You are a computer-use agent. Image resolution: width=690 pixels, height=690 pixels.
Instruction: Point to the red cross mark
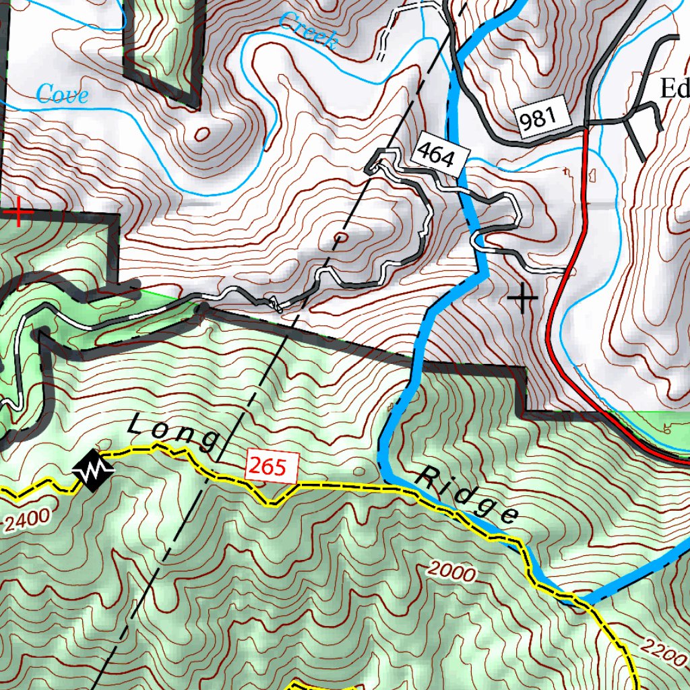click(19, 213)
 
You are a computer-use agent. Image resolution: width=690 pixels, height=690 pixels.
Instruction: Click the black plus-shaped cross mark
click(523, 298)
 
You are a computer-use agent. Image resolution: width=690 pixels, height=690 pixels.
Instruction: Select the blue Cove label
click(62, 94)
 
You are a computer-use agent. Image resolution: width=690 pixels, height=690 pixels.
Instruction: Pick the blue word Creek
click(307, 32)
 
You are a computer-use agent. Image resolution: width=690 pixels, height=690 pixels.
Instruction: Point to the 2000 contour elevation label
click(452, 573)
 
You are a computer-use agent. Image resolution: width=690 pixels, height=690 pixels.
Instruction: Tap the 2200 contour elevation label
click(663, 650)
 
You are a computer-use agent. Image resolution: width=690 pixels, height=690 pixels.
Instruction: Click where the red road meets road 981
click(585, 125)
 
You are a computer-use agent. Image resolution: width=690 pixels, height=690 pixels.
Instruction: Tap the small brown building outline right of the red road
click(592, 176)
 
